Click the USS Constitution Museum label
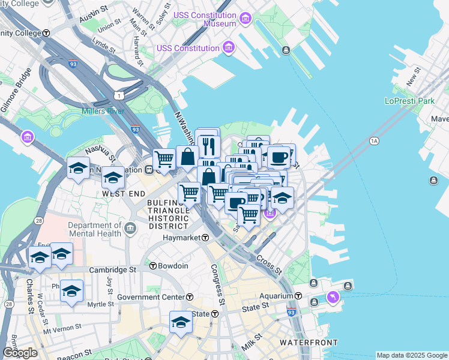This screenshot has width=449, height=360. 203,19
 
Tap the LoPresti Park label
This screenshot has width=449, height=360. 410,101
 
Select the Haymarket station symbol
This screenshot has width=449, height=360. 205,238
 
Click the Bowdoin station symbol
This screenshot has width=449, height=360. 153,266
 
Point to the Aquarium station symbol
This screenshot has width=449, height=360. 298,296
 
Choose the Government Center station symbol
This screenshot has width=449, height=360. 190,297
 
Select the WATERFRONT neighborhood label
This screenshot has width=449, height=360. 309,343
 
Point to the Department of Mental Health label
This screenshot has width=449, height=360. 95,230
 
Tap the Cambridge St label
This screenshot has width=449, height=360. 113,270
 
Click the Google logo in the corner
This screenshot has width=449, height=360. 20,353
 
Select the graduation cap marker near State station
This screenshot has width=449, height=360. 179,322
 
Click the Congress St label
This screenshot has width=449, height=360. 217,284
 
